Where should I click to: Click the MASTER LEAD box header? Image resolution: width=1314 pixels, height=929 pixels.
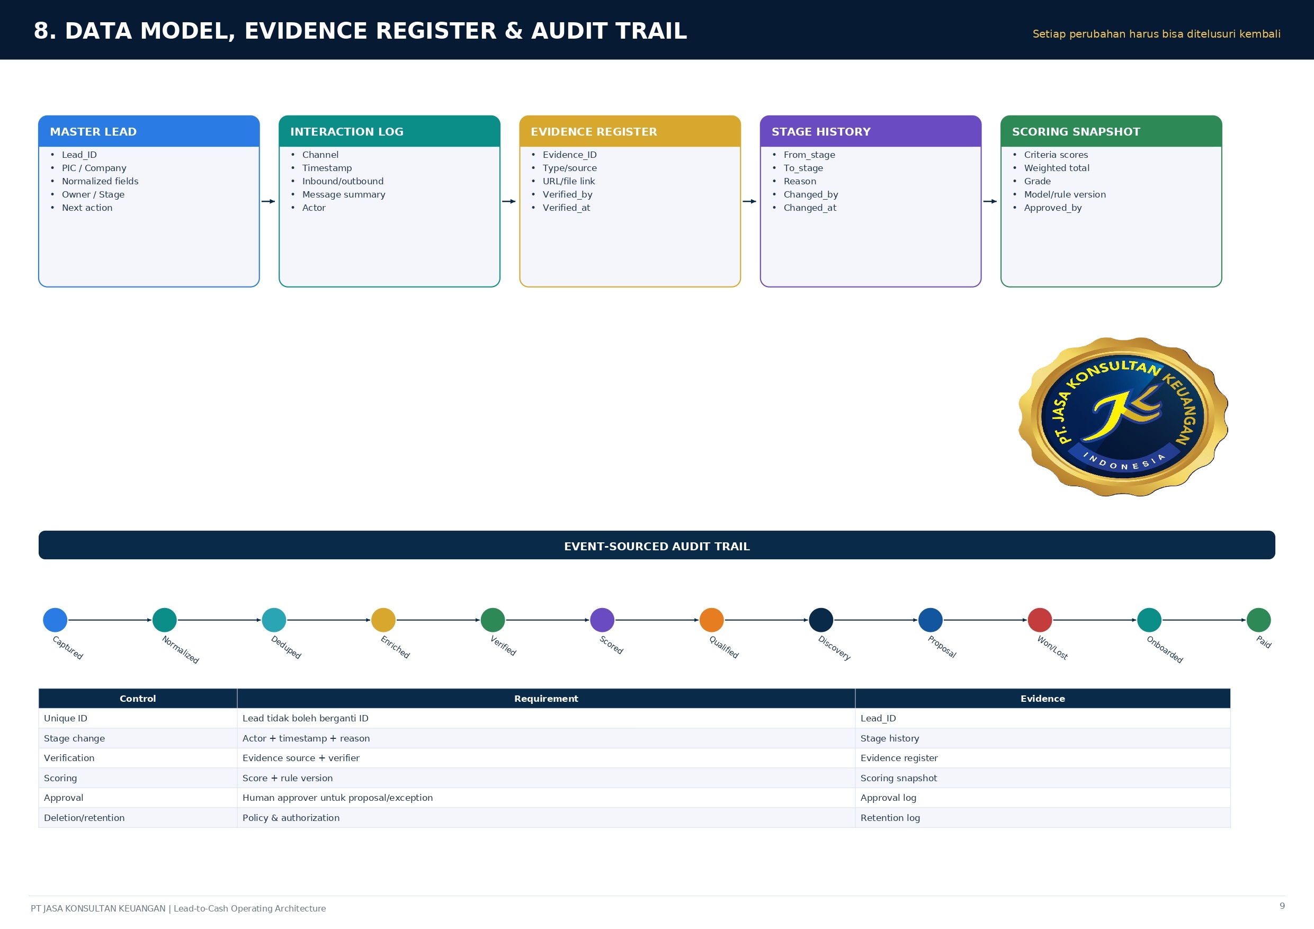(x=149, y=131)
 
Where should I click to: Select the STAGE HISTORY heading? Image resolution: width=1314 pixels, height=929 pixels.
(x=821, y=132)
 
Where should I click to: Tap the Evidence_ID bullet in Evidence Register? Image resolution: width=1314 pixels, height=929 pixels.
(x=569, y=155)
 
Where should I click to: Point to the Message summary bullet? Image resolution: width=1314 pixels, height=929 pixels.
(x=343, y=194)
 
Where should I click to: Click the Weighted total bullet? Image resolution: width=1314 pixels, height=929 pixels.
(x=1057, y=168)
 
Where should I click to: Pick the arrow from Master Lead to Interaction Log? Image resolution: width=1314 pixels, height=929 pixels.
(x=269, y=201)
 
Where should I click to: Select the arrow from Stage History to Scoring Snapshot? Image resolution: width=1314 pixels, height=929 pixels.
(x=990, y=201)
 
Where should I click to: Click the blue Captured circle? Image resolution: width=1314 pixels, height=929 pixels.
(x=55, y=620)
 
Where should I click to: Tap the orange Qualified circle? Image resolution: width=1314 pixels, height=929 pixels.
(x=711, y=620)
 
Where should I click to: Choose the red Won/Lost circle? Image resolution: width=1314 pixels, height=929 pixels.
(x=1040, y=620)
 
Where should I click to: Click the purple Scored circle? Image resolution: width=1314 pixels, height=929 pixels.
(x=602, y=620)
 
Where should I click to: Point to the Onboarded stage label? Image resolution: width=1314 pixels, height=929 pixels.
(x=1165, y=649)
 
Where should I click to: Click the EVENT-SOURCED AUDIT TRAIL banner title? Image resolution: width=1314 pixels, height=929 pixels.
(x=657, y=546)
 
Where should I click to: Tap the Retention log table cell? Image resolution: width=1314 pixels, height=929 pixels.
(x=1043, y=817)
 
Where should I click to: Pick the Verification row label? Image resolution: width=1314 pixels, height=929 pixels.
(x=69, y=758)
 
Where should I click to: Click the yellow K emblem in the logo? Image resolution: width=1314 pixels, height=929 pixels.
(x=1125, y=414)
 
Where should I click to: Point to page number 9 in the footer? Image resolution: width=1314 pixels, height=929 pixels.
(x=1282, y=906)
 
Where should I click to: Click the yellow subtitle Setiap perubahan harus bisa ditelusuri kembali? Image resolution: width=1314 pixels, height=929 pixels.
(x=1156, y=34)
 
